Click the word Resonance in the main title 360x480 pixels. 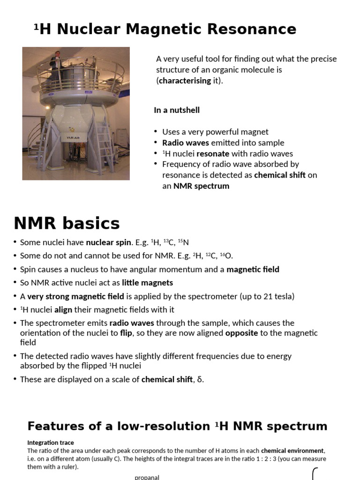tap(255, 29)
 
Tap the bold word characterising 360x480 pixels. tap(185, 81)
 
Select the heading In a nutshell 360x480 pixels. tap(177, 110)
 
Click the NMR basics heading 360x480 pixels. tap(67, 223)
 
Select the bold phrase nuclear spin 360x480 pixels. tap(106, 242)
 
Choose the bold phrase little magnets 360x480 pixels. tap(147, 283)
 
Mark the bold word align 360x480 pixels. tap(63, 310)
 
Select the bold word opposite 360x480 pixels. tap(242, 333)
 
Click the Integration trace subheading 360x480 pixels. tap(51, 442)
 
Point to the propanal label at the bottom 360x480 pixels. tap(147, 477)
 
